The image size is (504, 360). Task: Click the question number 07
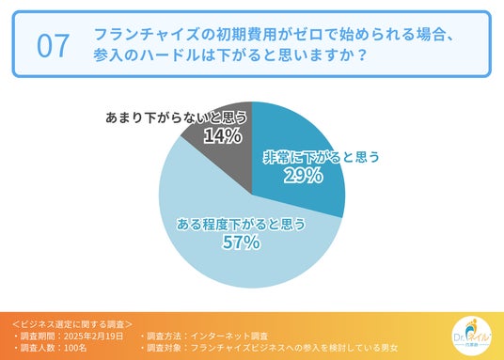(x=53, y=46)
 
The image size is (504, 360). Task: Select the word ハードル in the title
(x=176, y=55)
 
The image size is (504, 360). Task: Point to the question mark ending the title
(x=362, y=55)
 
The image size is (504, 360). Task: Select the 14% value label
(x=223, y=135)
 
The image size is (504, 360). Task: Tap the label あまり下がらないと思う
(x=176, y=117)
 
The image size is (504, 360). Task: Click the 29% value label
(x=303, y=176)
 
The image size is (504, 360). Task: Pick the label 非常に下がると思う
(x=321, y=157)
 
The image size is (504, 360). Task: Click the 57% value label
(x=241, y=242)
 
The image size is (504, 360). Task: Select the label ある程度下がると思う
(x=241, y=224)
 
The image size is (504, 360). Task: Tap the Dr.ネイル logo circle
(x=471, y=336)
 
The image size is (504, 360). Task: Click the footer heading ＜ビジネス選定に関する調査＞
(x=72, y=324)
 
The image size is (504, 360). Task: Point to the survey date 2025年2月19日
(x=93, y=337)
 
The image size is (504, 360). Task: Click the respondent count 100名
(x=75, y=348)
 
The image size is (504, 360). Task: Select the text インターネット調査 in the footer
(x=229, y=337)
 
